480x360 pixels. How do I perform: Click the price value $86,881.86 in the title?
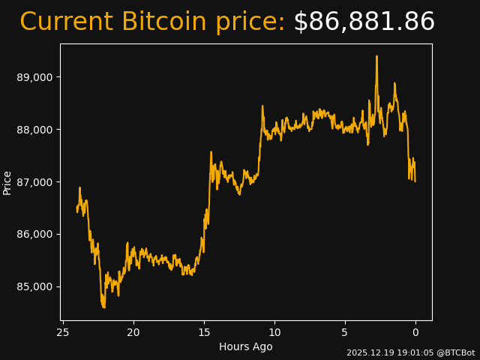coord(364,22)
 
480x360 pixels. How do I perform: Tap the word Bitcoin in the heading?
coord(163,22)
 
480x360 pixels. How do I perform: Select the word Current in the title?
coord(66,22)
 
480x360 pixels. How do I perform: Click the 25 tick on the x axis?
coord(63,332)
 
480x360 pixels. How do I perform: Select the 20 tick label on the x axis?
coord(133,332)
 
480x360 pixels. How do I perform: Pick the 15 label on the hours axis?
coord(204,332)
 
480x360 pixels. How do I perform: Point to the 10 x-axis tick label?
coord(274,332)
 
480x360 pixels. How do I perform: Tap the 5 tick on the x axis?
coord(345,332)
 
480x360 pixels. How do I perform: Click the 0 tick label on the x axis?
coord(415,332)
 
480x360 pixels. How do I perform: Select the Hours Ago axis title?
coord(245,346)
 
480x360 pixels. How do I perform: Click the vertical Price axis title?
coord(7,182)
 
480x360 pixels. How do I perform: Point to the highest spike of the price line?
coord(376,56)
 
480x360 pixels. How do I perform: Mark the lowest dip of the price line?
coord(103,307)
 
